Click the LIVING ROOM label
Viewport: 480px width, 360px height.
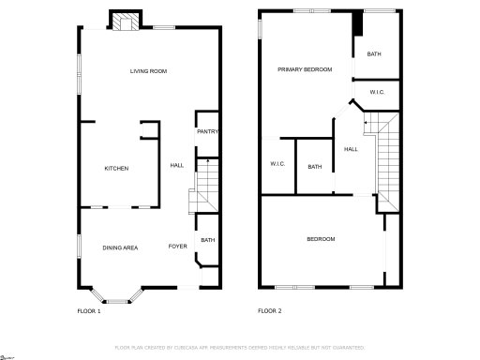pos(148,71)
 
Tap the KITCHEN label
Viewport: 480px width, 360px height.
pos(116,168)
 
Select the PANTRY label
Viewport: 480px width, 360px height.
pos(207,131)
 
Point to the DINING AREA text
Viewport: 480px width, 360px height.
pos(120,247)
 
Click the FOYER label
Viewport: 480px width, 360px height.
pos(177,247)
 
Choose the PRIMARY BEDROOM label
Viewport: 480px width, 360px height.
pos(305,70)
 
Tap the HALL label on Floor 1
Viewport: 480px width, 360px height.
pos(176,166)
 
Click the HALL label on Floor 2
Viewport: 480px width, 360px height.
pos(351,149)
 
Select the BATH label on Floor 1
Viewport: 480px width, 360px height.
pos(207,240)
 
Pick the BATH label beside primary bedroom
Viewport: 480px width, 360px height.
pos(374,54)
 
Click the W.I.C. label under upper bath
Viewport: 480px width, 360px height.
pos(378,92)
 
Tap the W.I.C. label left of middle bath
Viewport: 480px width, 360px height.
pos(277,164)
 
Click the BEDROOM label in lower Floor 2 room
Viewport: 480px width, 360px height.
pos(321,239)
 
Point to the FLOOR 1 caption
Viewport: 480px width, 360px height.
pos(88,310)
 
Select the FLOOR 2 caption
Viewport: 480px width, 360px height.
pos(270,310)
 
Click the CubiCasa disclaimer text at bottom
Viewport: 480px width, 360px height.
pos(239,348)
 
